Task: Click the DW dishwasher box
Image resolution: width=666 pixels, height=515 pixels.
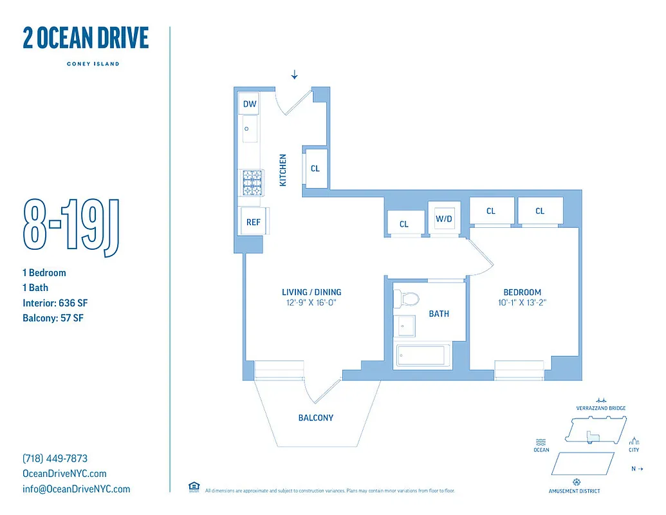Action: [x=250, y=104]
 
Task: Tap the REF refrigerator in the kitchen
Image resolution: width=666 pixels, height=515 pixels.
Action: [x=253, y=222]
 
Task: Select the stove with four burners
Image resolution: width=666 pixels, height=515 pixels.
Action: [x=252, y=183]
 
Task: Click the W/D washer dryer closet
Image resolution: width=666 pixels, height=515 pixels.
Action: [x=444, y=218]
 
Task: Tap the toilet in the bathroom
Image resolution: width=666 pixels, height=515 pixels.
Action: [x=407, y=299]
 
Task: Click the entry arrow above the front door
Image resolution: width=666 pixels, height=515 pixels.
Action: [x=295, y=75]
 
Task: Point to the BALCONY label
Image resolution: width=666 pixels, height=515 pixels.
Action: [x=316, y=418]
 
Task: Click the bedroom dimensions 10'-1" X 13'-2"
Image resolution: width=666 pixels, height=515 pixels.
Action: [x=522, y=303]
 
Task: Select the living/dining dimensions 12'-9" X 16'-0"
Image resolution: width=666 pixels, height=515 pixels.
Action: [x=311, y=303]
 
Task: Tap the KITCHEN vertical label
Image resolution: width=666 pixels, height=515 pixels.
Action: [x=282, y=171]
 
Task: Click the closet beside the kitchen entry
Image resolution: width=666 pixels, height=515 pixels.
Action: [x=315, y=169]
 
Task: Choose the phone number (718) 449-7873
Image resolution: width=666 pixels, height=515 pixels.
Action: [x=55, y=459]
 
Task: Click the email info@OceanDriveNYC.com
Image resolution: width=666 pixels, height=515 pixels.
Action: [x=76, y=489]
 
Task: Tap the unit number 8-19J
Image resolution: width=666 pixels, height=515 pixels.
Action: [x=71, y=225]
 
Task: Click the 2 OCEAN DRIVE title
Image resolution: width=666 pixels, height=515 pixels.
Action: [x=86, y=39]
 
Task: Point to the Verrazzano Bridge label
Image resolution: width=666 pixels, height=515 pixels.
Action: [x=601, y=408]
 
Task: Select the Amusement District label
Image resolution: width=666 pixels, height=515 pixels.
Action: [x=575, y=491]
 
